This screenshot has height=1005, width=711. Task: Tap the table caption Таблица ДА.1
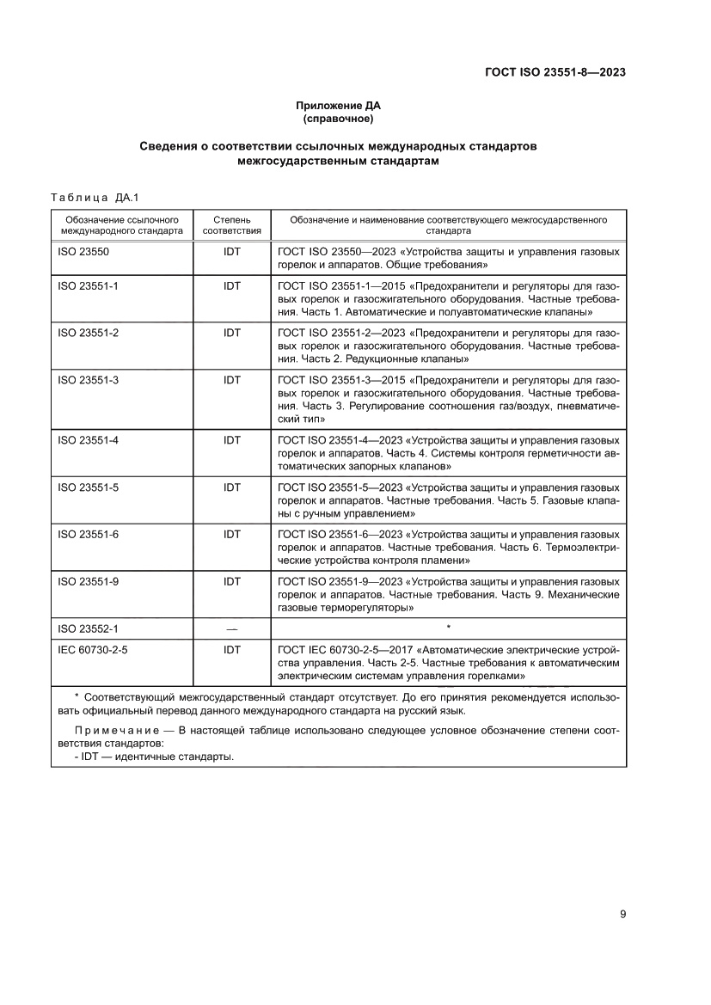pos(89,198)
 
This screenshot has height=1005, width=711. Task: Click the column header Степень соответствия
pos(231,225)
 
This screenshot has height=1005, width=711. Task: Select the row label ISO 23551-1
pos(88,285)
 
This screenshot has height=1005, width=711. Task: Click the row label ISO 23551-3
pos(88,379)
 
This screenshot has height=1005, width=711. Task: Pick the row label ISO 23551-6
pos(88,534)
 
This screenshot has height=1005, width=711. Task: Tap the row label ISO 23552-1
pos(88,628)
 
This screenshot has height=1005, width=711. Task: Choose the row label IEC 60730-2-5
pos(92,651)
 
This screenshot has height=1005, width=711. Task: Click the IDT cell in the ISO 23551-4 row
pos(231,440)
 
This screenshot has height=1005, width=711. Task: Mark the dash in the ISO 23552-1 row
pos(231,628)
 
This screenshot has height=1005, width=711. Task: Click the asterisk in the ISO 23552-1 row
pos(448,628)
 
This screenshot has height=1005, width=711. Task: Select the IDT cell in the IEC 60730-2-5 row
pos(231,651)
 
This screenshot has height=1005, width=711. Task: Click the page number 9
pos(622,914)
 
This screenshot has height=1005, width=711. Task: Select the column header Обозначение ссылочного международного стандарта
pos(122,225)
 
